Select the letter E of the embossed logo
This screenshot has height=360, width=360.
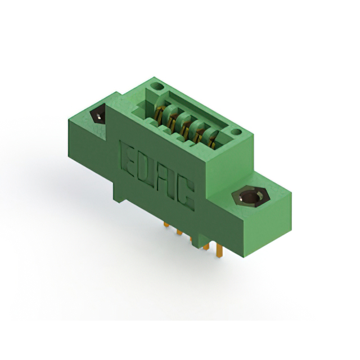[x=128, y=159]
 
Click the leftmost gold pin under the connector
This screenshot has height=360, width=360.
[x=166, y=224]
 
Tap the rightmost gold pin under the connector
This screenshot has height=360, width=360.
[x=218, y=251]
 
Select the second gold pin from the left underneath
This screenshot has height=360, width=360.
[x=179, y=232]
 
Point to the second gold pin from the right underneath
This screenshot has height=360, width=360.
[x=206, y=246]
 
